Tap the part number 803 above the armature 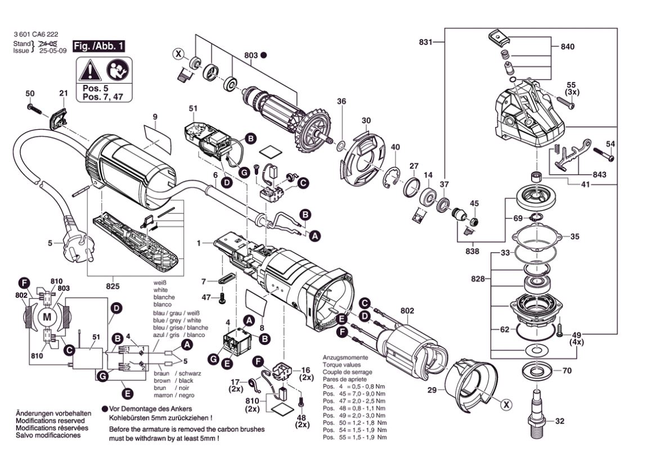tap(250, 55)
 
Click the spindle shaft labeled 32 tap(538, 413)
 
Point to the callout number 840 tap(568, 47)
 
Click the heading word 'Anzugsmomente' tap(345, 357)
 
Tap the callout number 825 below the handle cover tap(113, 286)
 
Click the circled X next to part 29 tap(506, 403)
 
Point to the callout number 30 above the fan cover tap(366, 121)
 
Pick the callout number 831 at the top tap(426, 42)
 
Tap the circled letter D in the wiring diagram tap(116, 308)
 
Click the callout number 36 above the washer tap(341, 101)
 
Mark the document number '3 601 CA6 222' tap(35, 34)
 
